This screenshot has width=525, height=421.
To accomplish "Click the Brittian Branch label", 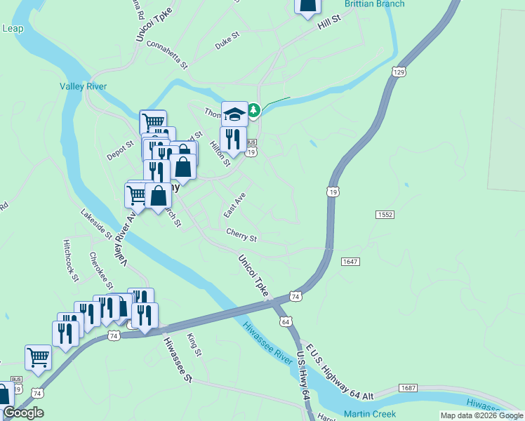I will click(x=374, y=4).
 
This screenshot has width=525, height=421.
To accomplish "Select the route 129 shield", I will click(x=399, y=72).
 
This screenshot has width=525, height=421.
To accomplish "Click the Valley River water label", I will click(x=83, y=86).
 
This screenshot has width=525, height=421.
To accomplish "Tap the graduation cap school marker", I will click(x=234, y=114).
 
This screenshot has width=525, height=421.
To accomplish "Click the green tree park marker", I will click(x=253, y=110).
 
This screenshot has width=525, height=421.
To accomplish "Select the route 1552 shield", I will click(x=384, y=215).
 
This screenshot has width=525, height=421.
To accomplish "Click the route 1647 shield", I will click(x=350, y=262).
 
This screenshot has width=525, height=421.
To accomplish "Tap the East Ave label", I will click(x=234, y=206).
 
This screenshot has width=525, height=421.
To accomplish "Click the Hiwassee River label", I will click(x=266, y=343).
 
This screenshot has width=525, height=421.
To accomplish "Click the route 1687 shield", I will click(x=408, y=388).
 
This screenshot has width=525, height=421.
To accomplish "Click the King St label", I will click(x=194, y=345).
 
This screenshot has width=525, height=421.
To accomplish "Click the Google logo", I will click(x=23, y=413).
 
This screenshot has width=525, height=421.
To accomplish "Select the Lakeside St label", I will click(x=96, y=223).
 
